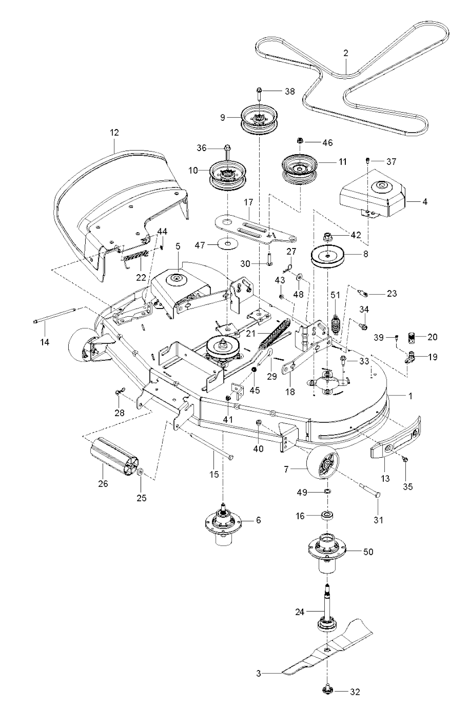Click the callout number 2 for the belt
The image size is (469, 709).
click(346, 53)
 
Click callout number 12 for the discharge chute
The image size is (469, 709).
click(114, 133)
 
